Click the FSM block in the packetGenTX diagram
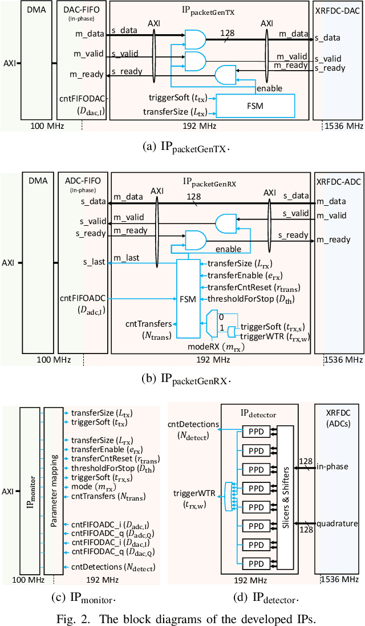coord(254,105)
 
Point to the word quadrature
coord(336,523)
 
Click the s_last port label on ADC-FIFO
coord(94,262)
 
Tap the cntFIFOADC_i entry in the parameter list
coord(94,523)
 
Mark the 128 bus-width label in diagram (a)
coord(228,33)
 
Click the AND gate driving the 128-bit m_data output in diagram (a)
coord(195,39)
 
